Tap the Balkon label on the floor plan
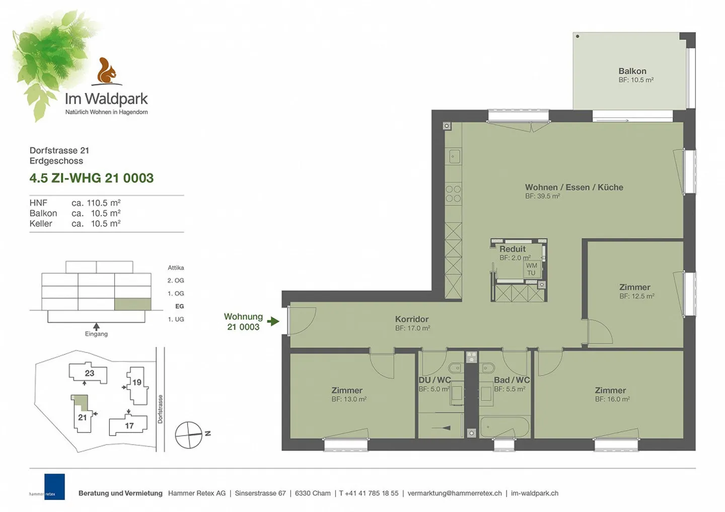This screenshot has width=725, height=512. tap(632, 71)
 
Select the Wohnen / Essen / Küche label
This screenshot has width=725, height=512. tap(574, 188)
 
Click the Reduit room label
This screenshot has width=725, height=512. tap(512, 249)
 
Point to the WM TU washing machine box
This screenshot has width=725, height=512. tap(532, 269)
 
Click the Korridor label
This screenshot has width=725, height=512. tap(412, 319)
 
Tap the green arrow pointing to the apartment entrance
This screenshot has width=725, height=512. tap(273, 321)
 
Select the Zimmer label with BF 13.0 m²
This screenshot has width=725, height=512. tap(347, 390)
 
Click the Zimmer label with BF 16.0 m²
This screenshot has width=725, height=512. tap(610, 390)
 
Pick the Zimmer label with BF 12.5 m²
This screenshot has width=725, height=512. tap(634, 287)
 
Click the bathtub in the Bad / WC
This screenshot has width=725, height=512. tap(504, 428)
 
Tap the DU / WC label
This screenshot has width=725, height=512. tap(434, 380)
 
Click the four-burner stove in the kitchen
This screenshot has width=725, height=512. tap(453, 194)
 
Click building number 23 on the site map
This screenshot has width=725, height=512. tap(89, 373)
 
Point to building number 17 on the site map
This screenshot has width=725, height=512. tap(129, 426)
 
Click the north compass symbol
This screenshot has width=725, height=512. tap(189, 435)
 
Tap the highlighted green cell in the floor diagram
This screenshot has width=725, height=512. tap(133, 304)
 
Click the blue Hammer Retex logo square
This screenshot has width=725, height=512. tap(54, 486)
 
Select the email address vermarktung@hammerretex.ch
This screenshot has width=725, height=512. tap(454, 493)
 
